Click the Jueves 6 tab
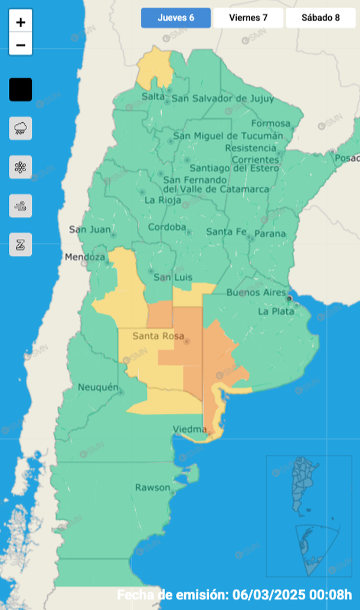(x=175, y=18)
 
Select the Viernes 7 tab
(x=248, y=18)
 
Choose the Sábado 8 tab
(x=320, y=18)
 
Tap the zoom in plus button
(x=21, y=22)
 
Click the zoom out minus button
(x=21, y=45)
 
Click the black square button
(x=21, y=90)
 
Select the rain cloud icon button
(x=21, y=128)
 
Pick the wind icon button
(x=21, y=206)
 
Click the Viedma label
(x=189, y=429)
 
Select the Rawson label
(x=152, y=487)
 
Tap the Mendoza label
(x=84, y=257)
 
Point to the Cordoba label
(x=166, y=227)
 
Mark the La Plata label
(x=274, y=311)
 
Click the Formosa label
(x=270, y=123)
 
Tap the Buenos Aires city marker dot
(x=289, y=299)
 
